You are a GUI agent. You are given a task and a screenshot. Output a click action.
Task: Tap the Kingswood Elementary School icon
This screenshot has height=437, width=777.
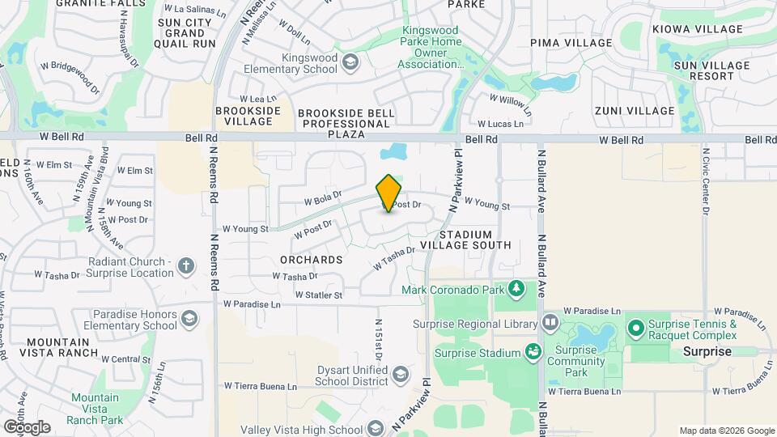tap(350, 62)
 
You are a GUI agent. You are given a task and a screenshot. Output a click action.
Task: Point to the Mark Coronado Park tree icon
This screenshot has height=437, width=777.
tap(516, 289)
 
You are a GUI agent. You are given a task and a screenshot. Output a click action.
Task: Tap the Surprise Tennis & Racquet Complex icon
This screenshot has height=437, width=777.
tap(636, 329)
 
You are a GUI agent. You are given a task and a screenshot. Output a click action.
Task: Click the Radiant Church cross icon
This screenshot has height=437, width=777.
tap(186, 266)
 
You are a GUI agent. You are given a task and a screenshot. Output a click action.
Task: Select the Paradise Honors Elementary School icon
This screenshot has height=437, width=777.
tap(190, 318)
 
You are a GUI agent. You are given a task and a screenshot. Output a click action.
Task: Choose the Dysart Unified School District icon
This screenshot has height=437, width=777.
tap(400, 374)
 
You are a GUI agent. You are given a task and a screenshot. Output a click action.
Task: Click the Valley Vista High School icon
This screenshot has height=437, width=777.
tap(375, 428)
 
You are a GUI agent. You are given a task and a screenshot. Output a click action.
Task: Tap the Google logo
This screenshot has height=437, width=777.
tap(27, 426)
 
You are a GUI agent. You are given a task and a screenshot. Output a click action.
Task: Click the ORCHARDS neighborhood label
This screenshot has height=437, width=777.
tap(312, 260)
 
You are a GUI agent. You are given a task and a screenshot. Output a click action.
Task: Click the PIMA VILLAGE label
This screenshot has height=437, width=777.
tap(571, 42)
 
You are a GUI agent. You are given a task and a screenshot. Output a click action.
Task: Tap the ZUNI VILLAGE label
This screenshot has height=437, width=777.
tap(635, 111)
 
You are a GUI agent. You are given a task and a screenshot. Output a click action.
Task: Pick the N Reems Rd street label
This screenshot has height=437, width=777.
tap(214, 263)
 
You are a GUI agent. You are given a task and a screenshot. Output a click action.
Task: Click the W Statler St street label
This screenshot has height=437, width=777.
tap(319, 295)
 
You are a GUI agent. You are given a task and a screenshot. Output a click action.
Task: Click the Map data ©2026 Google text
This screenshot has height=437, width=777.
tap(727, 431)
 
